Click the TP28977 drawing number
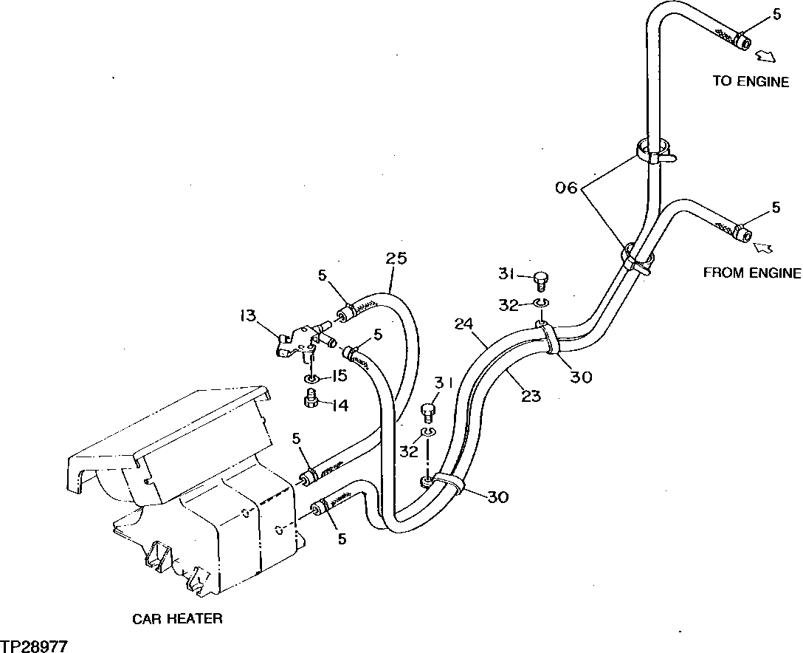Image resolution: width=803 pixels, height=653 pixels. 34,646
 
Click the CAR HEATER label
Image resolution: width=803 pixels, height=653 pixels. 177,618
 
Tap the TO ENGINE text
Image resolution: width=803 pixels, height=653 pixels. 751,81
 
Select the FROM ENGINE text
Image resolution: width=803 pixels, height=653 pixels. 751,273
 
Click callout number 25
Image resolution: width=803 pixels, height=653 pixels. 396,259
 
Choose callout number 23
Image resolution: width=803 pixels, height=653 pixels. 530,396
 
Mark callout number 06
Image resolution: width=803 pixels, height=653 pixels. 568,188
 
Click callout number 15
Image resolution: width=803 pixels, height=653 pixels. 338,376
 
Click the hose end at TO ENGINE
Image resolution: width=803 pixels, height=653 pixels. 740,41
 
